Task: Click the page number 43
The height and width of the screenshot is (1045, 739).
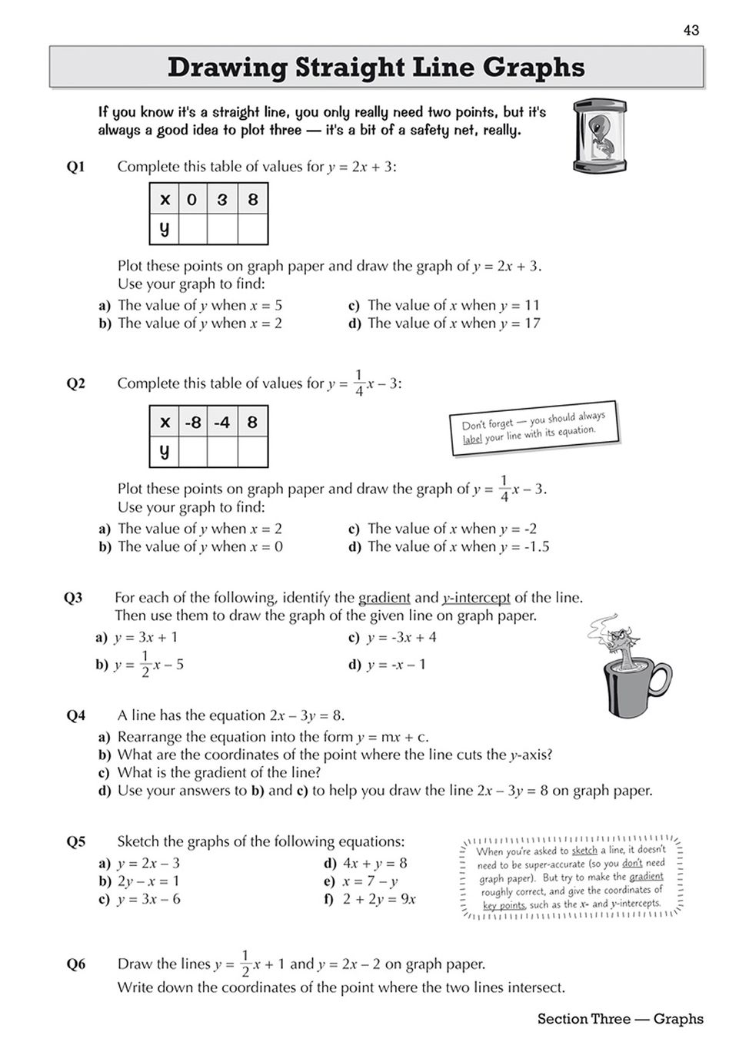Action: pos(691,30)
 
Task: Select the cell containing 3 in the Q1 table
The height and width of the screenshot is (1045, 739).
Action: pos(222,200)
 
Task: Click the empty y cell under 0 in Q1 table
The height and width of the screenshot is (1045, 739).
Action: pos(192,229)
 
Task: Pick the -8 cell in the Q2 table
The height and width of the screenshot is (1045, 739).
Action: pos(192,423)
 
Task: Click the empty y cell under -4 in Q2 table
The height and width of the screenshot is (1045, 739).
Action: pos(222,452)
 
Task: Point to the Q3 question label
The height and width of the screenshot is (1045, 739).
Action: pos(73,598)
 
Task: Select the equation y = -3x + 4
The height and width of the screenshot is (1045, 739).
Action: pos(401,637)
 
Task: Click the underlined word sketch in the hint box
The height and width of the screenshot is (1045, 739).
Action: pos(584,851)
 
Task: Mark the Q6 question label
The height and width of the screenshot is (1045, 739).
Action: pos(76,964)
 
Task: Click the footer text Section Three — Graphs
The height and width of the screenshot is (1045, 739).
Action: pos(620,1019)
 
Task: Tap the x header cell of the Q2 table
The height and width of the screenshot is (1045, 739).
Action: pos(164,423)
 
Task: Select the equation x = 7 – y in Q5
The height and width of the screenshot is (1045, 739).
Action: pos(370,881)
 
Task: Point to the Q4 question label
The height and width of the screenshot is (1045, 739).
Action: pos(76,715)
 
